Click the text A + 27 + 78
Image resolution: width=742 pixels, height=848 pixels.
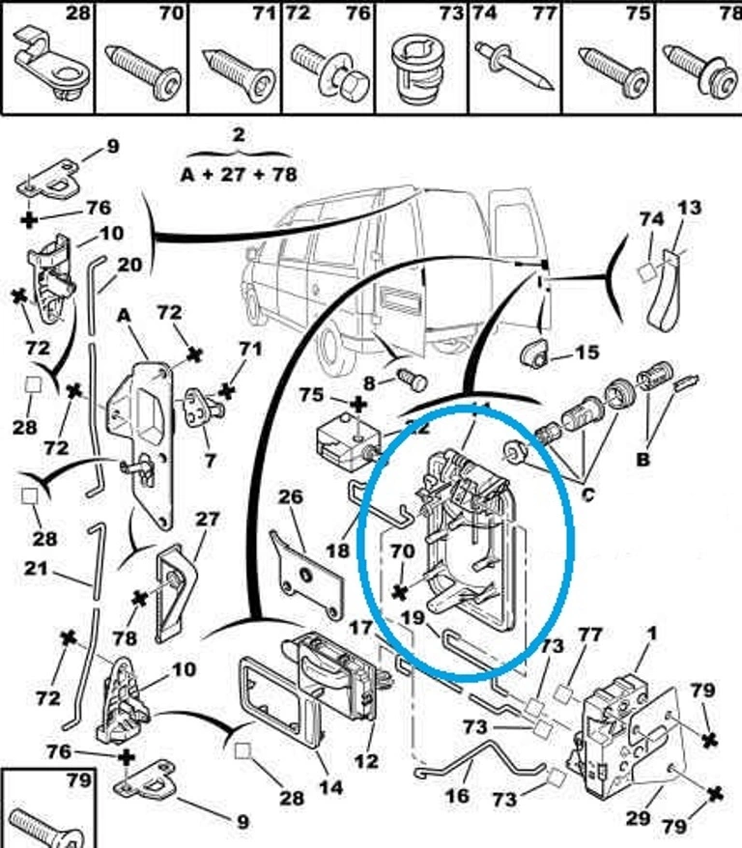(239, 175)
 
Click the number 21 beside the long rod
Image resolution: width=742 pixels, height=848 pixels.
(36, 569)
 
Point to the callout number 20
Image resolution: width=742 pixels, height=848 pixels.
(129, 265)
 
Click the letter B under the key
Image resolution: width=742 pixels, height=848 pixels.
(643, 460)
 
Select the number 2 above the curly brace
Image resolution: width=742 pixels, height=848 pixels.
(239, 136)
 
